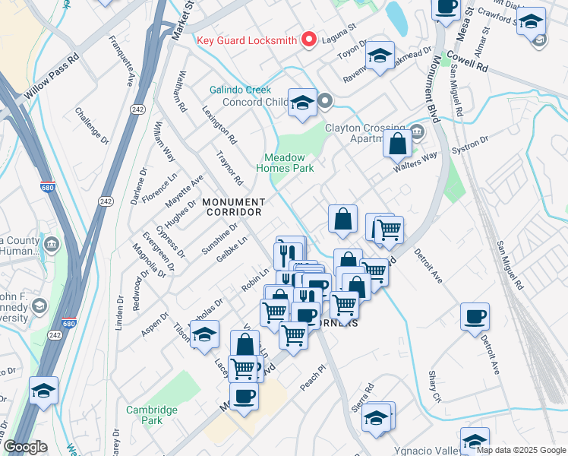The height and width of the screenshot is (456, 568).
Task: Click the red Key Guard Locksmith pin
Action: (309, 40)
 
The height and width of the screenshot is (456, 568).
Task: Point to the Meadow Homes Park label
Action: (285, 163)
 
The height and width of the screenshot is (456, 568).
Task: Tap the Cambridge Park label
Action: (152, 414)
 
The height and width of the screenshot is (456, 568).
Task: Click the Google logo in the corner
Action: (24, 448)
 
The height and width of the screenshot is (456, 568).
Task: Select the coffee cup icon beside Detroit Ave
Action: (475, 316)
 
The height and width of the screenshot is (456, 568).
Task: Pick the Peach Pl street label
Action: (311, 377)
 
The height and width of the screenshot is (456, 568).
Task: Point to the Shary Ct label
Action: (434, 387)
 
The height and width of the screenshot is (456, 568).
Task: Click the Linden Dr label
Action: (119, 312)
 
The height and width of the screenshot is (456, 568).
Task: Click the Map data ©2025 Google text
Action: (521, 450)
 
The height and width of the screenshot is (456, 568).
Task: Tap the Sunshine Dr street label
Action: (220, 238)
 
